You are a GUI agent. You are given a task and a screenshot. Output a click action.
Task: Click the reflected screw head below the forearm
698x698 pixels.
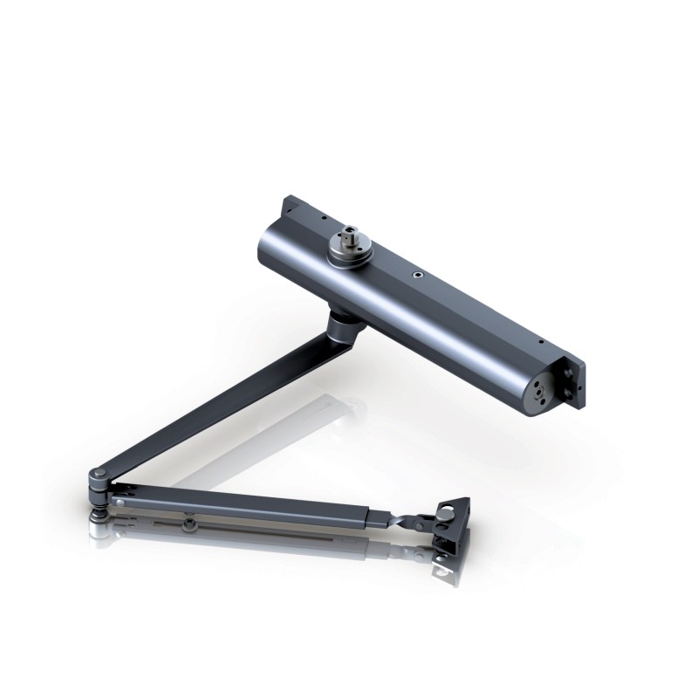(x=188, y=524)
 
